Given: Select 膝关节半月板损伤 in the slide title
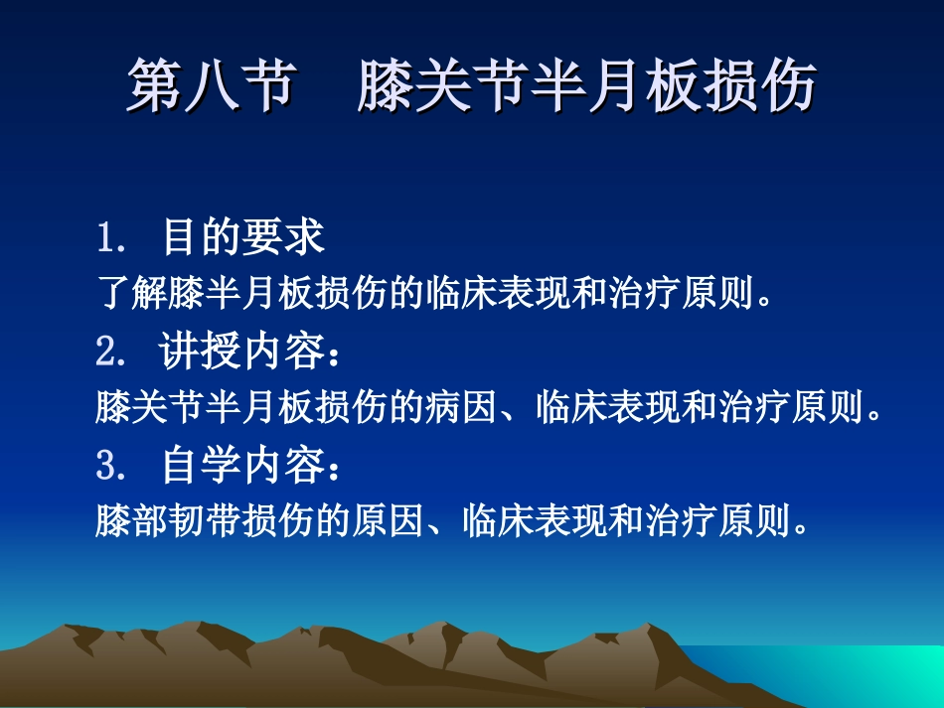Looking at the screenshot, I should [x=586, y=85].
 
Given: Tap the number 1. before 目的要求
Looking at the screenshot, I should [x=110, y=238].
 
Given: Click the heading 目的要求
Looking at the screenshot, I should [x=243, y=238].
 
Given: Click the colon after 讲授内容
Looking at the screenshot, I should [x=335, y=355].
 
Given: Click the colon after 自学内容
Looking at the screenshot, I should [x=335, y=470].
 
